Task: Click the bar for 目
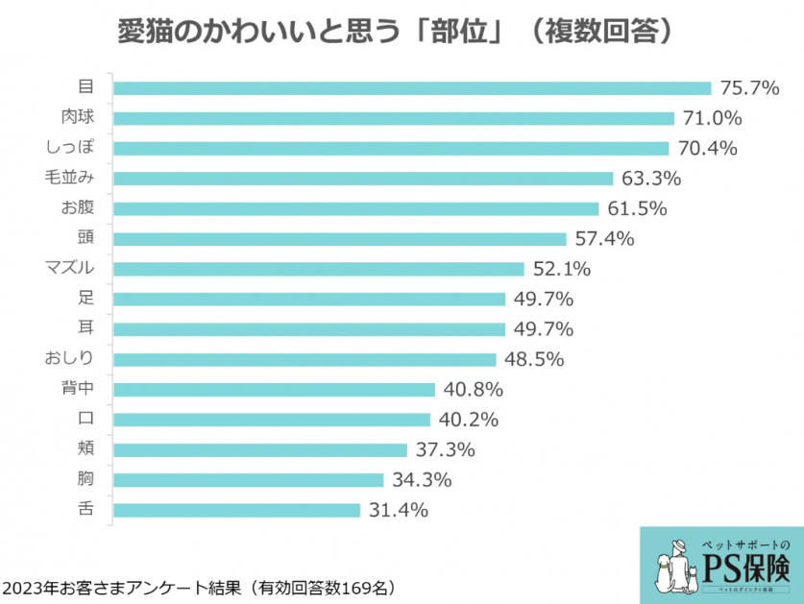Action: pyautogui.click(x=412, y=88)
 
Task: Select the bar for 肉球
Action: pyautogui.click(x=394, y=118)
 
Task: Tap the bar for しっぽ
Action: pyautogui.click(x=391, y=148)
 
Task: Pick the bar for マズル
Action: pyautogui.click(x=319, y=269)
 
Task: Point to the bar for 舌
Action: pyautogui.click(x=237, y=510)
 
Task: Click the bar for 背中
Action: pyautogui.click(x=275, y=389)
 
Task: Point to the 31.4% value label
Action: pyautogui.click(x=398, y=510)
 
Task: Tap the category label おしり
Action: pyautogui.click(x=69, y=359)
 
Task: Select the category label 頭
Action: pyautogui.click(x=85, y=238)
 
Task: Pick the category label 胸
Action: pyautogui.click(x=85, y=479)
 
